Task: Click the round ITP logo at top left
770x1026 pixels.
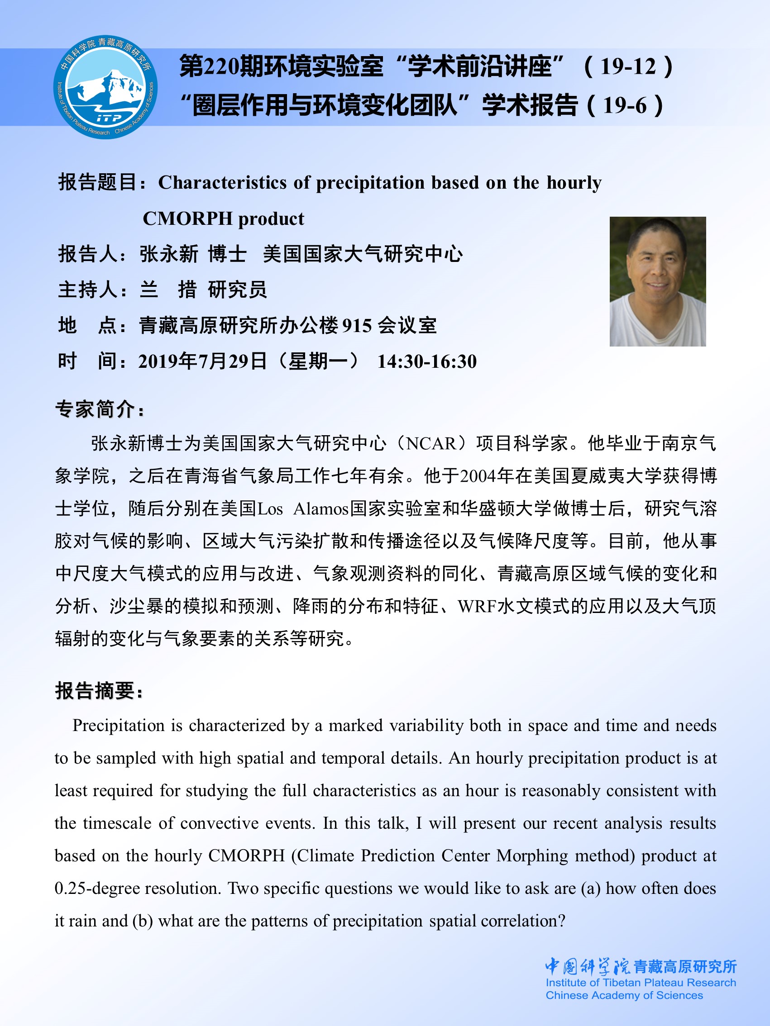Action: point(106,87)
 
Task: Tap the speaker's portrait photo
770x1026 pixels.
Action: point(657,281)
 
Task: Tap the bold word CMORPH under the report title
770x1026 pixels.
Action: point(187,219)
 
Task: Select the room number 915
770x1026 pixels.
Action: point(356,326)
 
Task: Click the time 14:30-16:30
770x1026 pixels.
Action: point(426,362)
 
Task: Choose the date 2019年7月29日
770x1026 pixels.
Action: point(202,362)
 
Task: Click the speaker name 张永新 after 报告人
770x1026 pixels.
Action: point(169,254)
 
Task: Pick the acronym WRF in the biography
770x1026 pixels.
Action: point(476,606)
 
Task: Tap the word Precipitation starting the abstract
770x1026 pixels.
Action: point(118,726)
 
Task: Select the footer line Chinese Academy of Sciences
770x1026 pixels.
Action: point(624,995)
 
